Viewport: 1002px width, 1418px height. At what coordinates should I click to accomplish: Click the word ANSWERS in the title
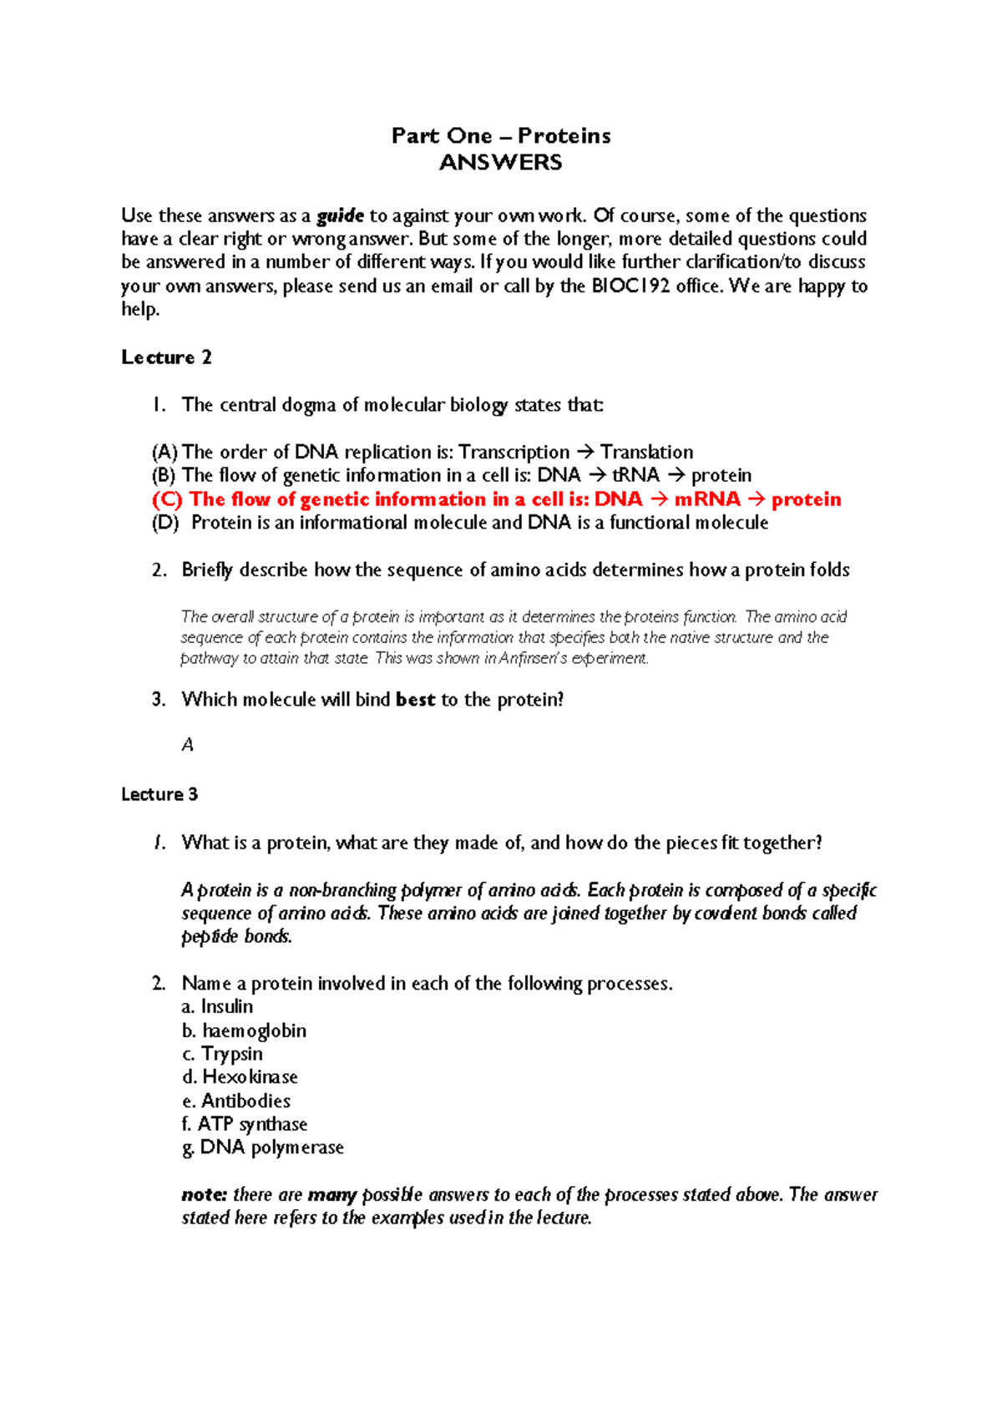pos(500,163)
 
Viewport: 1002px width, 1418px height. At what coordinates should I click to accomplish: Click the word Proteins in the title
pos(564,136)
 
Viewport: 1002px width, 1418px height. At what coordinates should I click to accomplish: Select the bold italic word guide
pos(340,216)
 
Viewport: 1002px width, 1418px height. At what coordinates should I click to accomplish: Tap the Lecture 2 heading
pos(166,357)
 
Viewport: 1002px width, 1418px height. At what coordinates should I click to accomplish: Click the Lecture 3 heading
pos(159,794)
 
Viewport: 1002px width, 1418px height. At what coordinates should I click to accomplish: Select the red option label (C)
pos(167,499)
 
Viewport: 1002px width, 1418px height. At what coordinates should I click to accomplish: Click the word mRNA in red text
pos(706,499)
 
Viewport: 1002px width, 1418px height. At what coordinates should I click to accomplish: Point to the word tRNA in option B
pos(635,476)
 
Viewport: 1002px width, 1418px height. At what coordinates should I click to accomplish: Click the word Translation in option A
pos(646,453)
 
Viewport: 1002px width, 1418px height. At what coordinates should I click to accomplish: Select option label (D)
pos(165,523)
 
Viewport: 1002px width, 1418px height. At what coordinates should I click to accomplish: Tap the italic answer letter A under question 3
pos(188,745)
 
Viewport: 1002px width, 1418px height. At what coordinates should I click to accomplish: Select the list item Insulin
pos(226,1007)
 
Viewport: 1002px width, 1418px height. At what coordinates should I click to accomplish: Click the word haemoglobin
pos(254,1031)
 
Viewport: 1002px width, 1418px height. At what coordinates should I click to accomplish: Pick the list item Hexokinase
pos(250,1077)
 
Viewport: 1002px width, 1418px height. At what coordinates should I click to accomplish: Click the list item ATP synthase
pos(252,1124)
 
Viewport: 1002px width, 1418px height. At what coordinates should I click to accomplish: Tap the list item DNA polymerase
pos(271,1147)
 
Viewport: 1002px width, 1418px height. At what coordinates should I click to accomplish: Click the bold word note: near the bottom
pos(205,1195)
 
